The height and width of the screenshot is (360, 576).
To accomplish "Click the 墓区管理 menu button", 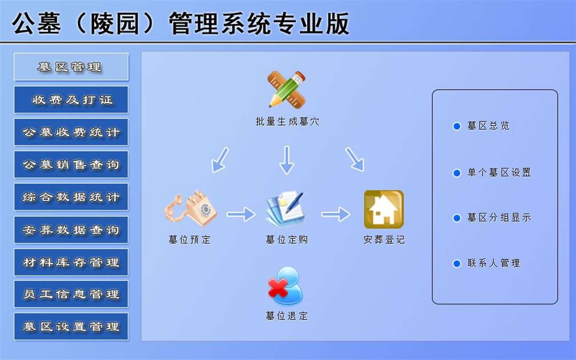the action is pyautogui.click(x=71, y=67).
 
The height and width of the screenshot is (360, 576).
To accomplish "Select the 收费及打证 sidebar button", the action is pyautogui.click(x=71, y=100).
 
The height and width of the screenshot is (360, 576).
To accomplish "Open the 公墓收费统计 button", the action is pyautogui.click(x=71, y=132).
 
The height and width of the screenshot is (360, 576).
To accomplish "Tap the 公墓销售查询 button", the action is pyautogui.click(x=71, y=164).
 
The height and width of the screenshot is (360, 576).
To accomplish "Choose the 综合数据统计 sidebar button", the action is pyautogui.click(x=71, y=197).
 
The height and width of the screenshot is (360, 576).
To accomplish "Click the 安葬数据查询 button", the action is pyautogui.click(x=71, y=230).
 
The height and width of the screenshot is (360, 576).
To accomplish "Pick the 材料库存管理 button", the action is pyautogui.click(x=71, y=262).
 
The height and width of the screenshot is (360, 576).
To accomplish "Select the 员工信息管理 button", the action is pyautogui.click(x=71, y=294).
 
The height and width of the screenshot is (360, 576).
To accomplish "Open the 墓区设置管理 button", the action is pyautogui.click(x=71, y=327).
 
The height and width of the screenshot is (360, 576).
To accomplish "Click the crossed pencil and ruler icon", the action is pyautogui.click(x=287, y=89).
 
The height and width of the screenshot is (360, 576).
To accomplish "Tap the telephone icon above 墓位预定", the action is pyautogui.click(x=190, y=208).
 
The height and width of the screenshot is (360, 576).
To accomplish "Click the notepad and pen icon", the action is pyautogui.click(x=285, y=209).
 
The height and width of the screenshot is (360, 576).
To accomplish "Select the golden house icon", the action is pyautogui.click(x=384, y=209).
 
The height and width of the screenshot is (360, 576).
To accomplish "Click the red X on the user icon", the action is pyautogui.click(x=278, y=288).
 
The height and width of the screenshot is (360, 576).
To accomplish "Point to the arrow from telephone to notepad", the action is pyautogui.click(x=241, y=214).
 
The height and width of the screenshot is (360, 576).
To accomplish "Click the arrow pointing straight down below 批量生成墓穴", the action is pyautogui.click(x=287, y=160).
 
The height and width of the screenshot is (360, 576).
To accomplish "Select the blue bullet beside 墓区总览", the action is pyautogui.click(x=457, y=126).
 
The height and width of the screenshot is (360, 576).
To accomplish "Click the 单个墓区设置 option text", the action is pyautogui.click(x=500, y=172).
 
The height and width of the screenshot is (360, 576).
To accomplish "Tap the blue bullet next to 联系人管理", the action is pyautogui.click(x=457, y=264).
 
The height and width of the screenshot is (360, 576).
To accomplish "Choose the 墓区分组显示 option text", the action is pyautogui.click(x=500, y=218).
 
